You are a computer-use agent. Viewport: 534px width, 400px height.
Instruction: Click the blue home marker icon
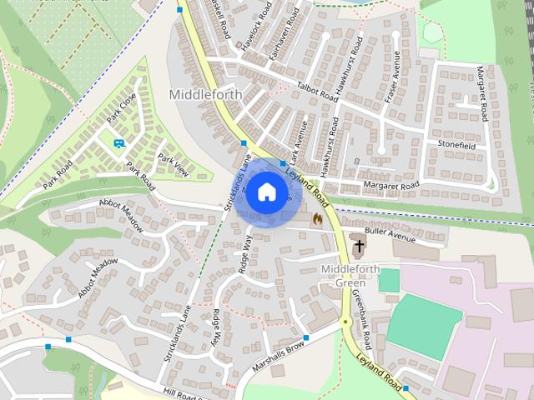pyautogui.click(x=265, y=192)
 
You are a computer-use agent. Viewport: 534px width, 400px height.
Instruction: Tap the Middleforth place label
pyautogui.click(x=205, y=94)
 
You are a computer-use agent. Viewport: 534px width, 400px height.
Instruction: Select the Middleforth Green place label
pyautogui.click(x=350, y=276)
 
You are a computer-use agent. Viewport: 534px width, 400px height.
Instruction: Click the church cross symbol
pyautogui.click(x=359, y=247)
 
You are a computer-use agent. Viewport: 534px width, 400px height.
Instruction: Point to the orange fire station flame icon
pyautogui.click(x=317, y=218)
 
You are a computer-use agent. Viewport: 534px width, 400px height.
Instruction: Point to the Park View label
pyautogui.click(x=174, y=167)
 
